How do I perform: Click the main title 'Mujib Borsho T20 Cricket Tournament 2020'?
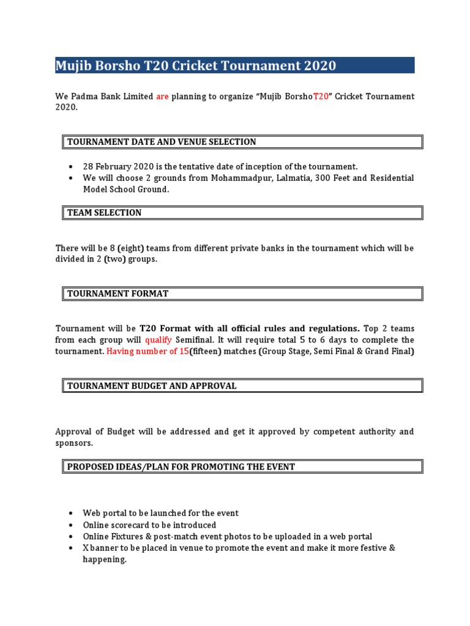tap(196, 65)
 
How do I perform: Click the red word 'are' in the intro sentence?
tap(162, 97)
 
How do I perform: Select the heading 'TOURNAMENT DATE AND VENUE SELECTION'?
tap(162, 142)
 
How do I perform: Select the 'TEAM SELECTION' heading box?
tap(104, 213)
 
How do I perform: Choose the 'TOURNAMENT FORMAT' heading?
tap(117, 293)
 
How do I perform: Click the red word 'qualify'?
tap(158, 340)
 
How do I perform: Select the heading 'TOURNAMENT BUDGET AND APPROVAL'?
tap(152, 386)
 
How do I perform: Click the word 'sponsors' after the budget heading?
tap(73, 443)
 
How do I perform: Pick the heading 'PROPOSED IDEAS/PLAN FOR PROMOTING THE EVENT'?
tap(181, 466)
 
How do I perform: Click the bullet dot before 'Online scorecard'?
tap(72, 525)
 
